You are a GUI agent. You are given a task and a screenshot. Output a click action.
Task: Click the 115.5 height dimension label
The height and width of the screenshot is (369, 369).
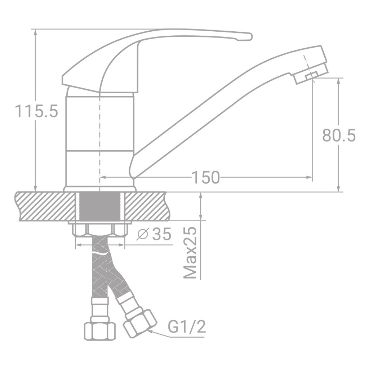[36, 111]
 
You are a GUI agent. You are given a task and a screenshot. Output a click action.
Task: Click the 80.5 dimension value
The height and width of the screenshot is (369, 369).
[339, 135]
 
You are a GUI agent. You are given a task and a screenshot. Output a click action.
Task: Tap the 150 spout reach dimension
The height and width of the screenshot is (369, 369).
[205, 177]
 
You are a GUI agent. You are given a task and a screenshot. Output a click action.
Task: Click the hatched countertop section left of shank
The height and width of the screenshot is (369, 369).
[45, 206]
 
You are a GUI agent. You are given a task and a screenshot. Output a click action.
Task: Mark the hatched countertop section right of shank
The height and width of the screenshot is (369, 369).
[146, 206]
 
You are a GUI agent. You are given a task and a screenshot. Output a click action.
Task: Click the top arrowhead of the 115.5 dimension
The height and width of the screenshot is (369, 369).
[35, 32]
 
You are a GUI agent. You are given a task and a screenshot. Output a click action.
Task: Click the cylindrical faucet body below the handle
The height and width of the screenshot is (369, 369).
[99, 137]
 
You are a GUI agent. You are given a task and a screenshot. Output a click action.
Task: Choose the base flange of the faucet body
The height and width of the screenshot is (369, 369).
[99, 189]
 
